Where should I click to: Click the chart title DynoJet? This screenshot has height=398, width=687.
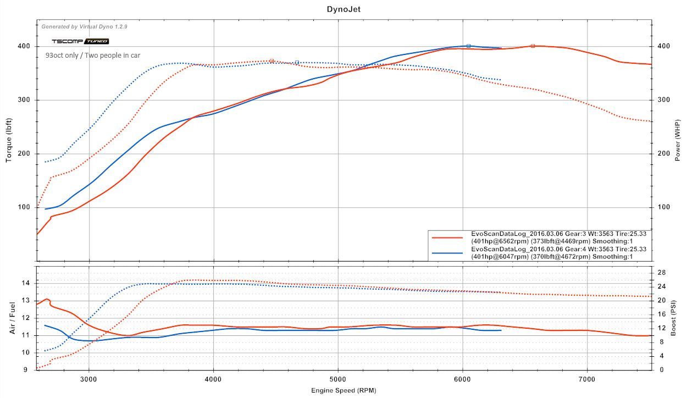[343, 9]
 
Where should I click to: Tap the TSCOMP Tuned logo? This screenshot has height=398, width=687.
[80, 41]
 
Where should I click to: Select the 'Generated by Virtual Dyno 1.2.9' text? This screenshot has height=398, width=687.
[84, 26]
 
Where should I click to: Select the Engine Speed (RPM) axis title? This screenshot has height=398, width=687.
[343, 390]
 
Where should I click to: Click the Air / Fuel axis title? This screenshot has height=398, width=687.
[12, 318]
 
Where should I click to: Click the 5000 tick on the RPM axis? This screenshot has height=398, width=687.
[338, 379]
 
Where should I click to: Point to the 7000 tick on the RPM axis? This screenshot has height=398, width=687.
[587, 379]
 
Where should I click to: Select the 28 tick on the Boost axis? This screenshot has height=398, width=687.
[662, 273]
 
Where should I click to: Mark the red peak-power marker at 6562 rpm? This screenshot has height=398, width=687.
[533, 46]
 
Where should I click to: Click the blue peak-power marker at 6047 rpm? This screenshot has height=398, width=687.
[468, 46]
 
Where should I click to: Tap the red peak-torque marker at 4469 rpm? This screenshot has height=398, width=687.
[272, 61]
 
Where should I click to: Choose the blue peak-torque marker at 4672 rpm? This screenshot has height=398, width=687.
[297, 63]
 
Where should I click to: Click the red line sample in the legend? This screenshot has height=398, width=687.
[447, 237]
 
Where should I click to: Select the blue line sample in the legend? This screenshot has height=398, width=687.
[447, 253]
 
